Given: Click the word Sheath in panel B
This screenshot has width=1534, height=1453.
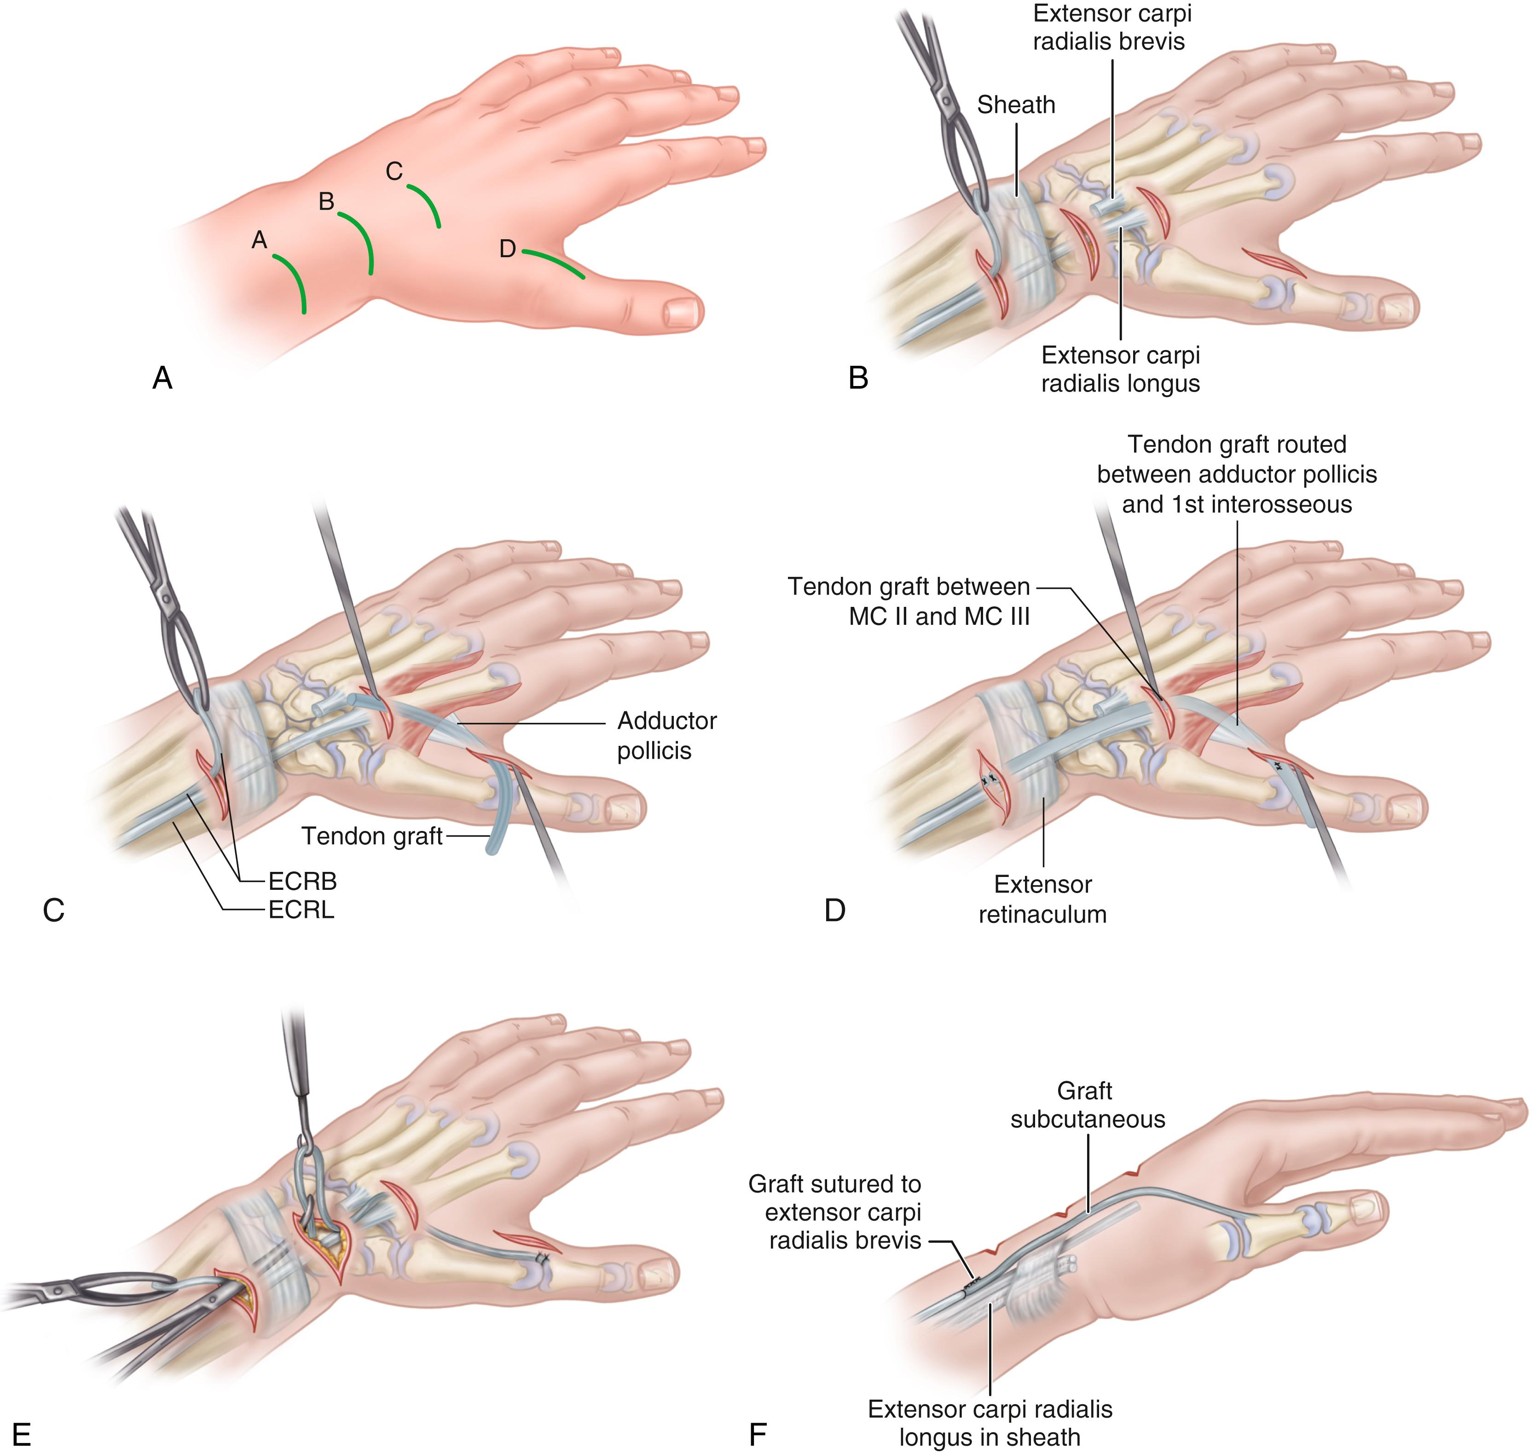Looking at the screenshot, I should [x=1016, y=104].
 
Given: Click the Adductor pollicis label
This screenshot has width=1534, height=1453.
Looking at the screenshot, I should [x=666, y=735].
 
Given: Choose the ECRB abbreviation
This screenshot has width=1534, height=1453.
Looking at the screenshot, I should [x=302, y=882].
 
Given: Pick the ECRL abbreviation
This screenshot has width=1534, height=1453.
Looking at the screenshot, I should [x=301, y=910].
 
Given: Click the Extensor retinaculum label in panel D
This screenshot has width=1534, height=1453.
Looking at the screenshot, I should [x=1043, y=899].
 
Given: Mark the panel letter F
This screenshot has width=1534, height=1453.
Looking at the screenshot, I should [x=757, y=1435].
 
